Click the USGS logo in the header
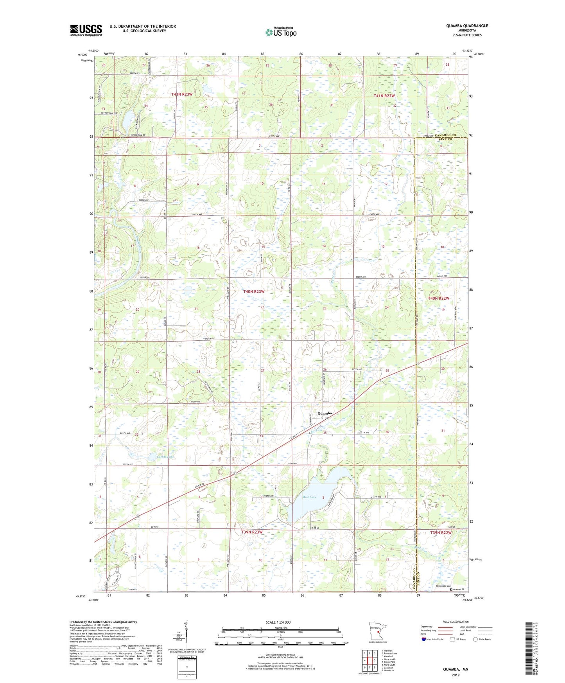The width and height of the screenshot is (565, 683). point(86,30)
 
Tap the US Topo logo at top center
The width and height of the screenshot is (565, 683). point(280,32)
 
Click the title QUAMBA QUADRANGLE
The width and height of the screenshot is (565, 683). point(467,26)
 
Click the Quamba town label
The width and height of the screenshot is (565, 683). point(325,413)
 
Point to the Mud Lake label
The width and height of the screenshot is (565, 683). point(309,497)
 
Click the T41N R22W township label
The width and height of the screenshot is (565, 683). point(384,95)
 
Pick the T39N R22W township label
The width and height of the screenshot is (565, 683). point(441,533)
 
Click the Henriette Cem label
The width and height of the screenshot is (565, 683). point(443,586)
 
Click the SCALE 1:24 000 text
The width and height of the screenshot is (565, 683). point(278,622)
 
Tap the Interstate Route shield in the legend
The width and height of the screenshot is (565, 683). point(424,639)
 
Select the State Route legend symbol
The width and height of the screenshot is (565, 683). point(475,639)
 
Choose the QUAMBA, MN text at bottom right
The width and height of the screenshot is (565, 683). point(456,669)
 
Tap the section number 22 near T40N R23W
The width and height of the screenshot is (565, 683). point(262,307)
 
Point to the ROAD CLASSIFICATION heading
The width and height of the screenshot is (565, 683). point(455,622)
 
